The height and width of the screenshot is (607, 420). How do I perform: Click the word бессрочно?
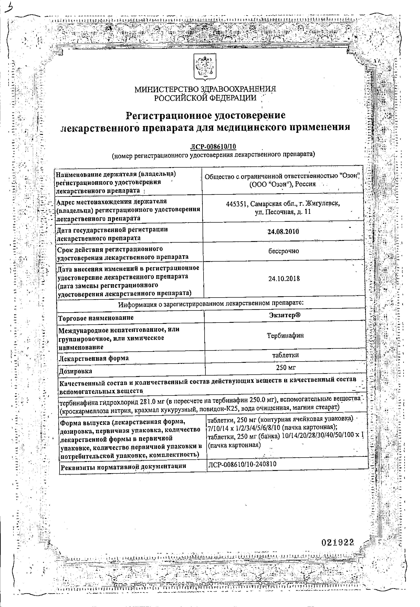point(283,251)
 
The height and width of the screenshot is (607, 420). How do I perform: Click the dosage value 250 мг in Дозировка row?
point(286,367)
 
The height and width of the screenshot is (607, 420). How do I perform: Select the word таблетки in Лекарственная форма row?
point(285,355)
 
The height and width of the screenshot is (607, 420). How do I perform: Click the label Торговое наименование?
point(96,318)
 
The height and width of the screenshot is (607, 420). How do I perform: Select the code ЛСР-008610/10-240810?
point(242,464)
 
